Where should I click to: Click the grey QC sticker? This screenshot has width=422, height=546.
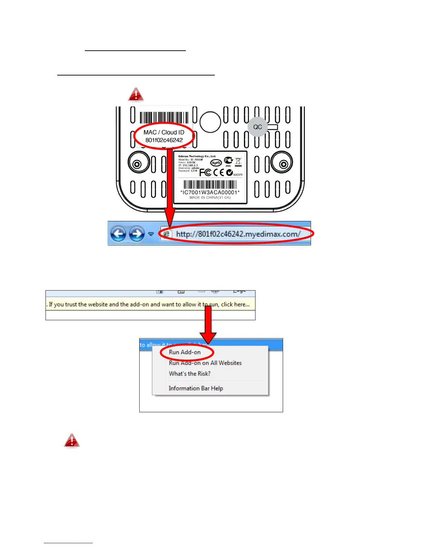click(258, 127)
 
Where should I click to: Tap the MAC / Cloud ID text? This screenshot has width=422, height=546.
click(164, 132)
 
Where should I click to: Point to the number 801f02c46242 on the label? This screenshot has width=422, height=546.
click(164, 140)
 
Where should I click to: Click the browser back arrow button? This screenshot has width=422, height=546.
click(118, 234)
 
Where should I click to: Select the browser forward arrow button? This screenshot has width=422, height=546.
click(137, 234)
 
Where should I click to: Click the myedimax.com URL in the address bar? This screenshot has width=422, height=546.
click(238, 234)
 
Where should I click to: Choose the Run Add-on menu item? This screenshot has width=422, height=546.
click(185, 352)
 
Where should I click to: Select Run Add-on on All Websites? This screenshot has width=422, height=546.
click(205, 363)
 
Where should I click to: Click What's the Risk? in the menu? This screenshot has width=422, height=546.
click(190, 374)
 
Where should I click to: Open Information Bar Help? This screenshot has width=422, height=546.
click(196, 388)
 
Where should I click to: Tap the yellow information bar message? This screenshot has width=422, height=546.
click(149, 304)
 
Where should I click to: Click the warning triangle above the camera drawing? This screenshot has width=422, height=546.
click(136, 94)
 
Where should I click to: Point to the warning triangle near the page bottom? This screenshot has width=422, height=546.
click(72, 441)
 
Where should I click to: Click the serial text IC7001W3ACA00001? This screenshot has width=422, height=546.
click(210, 192)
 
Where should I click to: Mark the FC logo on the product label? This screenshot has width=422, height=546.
click(205, 172)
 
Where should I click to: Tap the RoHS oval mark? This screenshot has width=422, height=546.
click(216, 162)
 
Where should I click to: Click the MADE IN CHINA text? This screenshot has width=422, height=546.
click(210, 198)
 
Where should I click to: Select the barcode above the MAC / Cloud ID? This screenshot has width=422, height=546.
click(164, 118)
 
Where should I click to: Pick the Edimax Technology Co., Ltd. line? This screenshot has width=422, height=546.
click(197, 156)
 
